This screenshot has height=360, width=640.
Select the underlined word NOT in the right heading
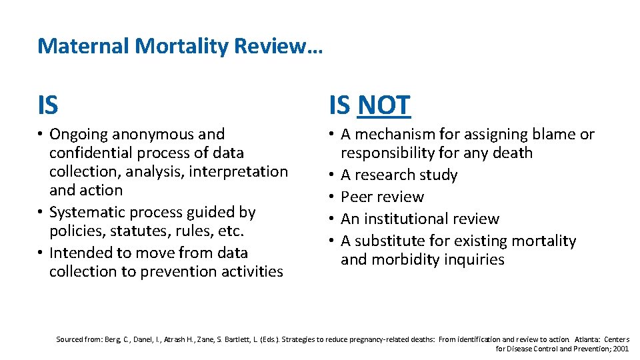point(384,105)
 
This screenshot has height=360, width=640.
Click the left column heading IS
point(48,105)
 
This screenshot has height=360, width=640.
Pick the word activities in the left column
point(250,272)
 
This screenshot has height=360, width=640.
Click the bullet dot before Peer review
point(331,197)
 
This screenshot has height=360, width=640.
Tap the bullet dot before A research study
point(331,175)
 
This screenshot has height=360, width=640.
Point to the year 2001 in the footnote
point(621,348)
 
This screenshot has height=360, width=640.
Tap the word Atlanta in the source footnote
point(586,339)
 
